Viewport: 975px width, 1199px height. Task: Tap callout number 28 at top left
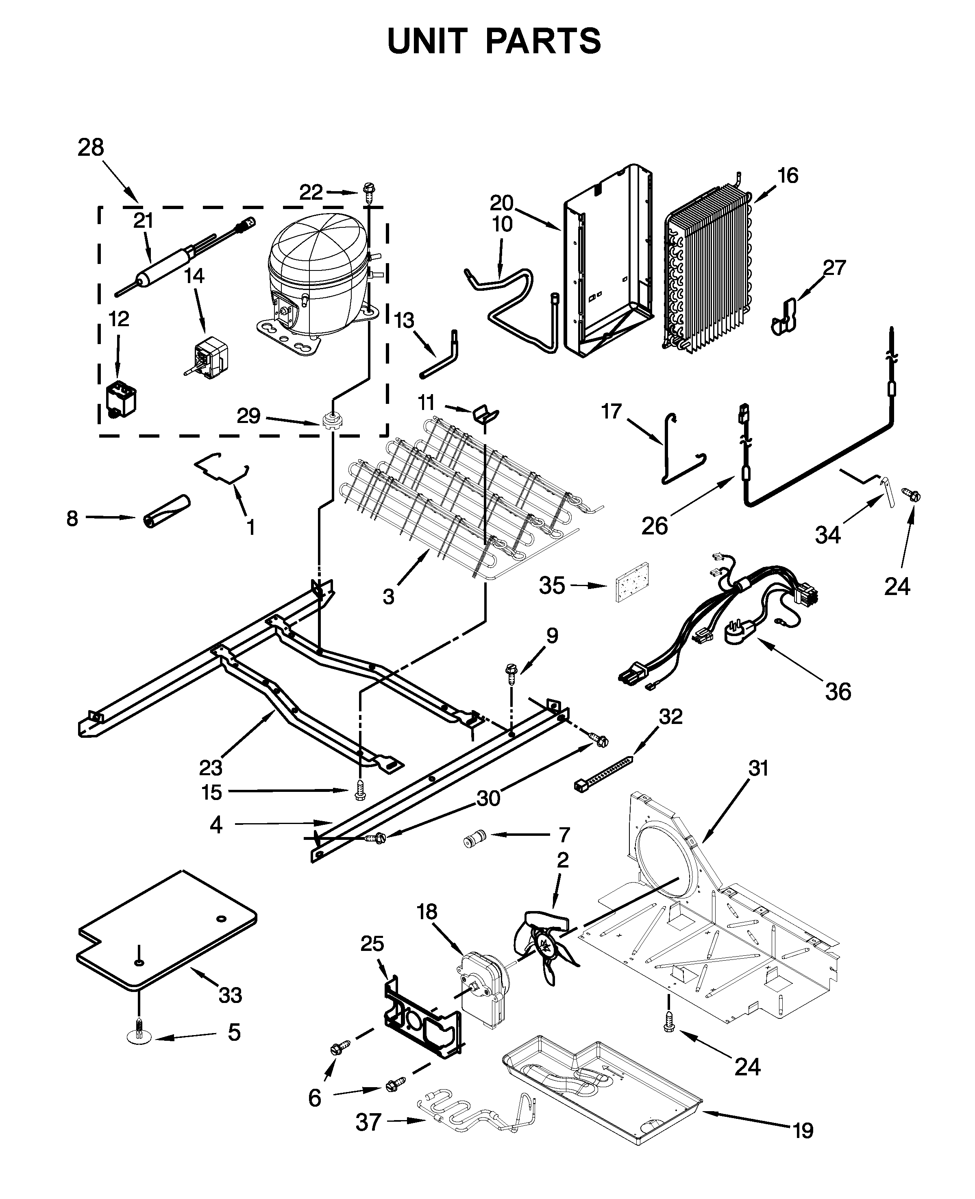pyautogui.click(x=91, y=148)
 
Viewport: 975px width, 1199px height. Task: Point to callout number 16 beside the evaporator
pyautogui.click(x=788, y=175)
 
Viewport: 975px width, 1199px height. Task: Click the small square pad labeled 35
pyautogui.click(x=632, y=584)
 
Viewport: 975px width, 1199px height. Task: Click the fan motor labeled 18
pyautogui.click(x=483, y=988)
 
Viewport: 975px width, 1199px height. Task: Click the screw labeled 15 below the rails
pyautogui.click(x=360, y=791)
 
